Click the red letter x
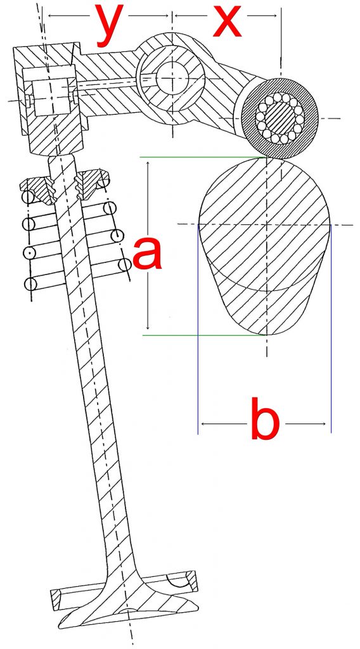pos(227,21)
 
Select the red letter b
pos(265,418)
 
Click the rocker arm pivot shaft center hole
pos(172,78)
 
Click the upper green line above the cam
pos(203,157)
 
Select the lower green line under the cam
pos(205,335)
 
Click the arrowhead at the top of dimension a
pos(148,165)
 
